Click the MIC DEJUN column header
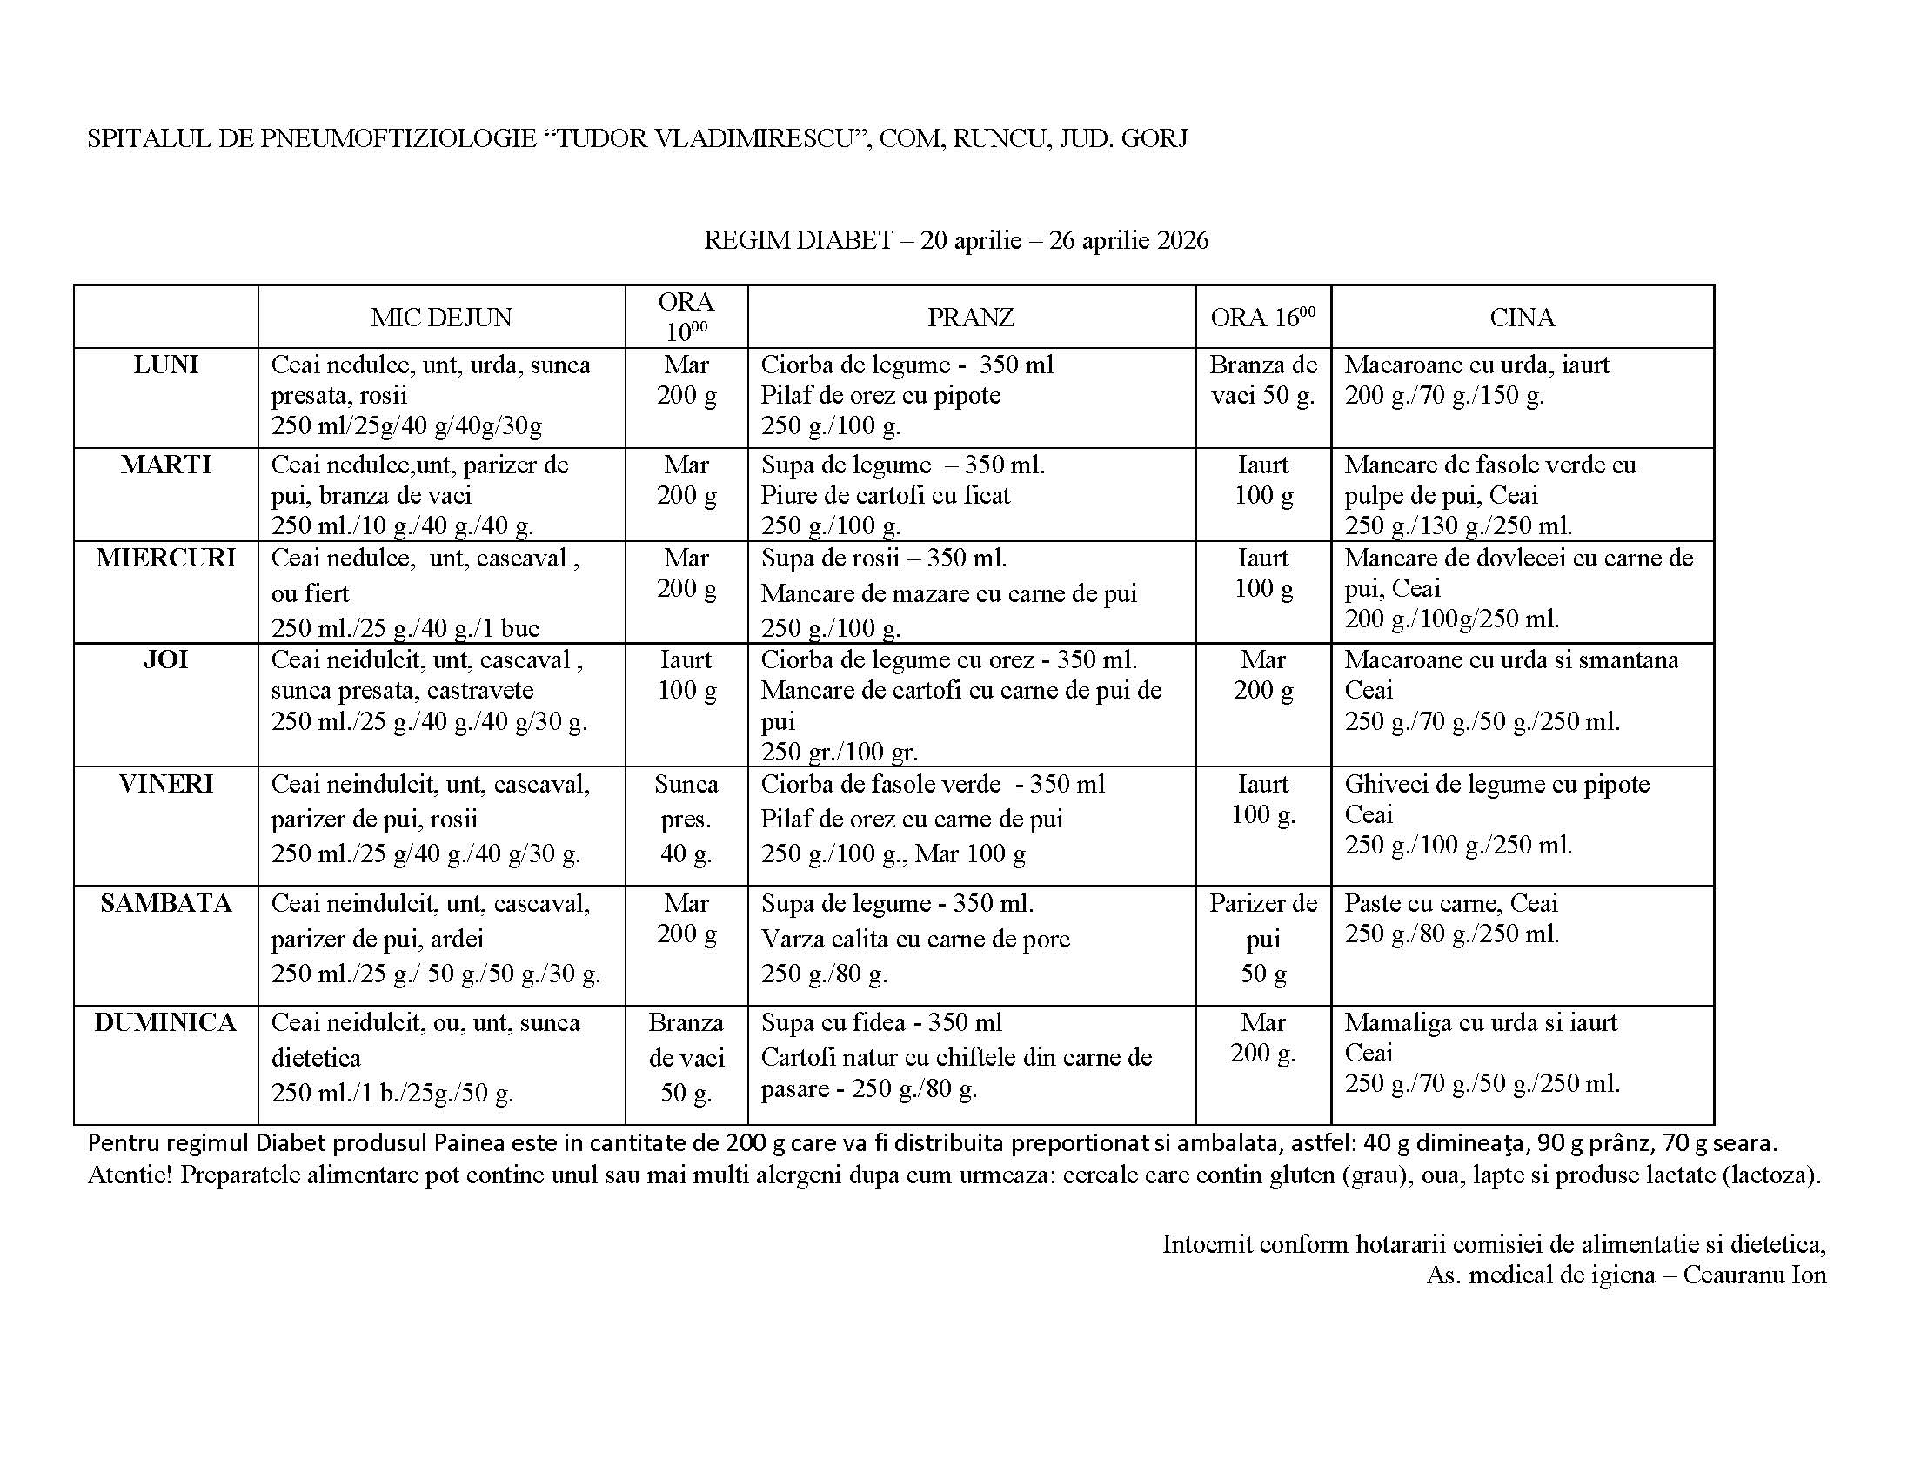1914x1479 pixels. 441,318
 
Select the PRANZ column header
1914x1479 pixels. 970,318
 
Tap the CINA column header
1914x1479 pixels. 1522,318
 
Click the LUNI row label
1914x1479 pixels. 165,365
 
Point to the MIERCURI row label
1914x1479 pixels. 165,559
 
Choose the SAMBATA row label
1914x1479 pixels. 165,903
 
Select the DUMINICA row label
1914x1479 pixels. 165,1022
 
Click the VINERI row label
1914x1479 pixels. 165,784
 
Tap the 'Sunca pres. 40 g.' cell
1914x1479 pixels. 686,819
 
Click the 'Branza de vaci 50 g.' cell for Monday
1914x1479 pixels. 1263,380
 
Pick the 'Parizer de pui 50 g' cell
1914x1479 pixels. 1263,939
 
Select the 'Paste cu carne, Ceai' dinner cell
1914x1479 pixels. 1451,903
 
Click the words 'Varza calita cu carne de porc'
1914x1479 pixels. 915,940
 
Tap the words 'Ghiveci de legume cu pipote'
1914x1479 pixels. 1497,784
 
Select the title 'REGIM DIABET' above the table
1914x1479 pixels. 798,240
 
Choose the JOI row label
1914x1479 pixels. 165,659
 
